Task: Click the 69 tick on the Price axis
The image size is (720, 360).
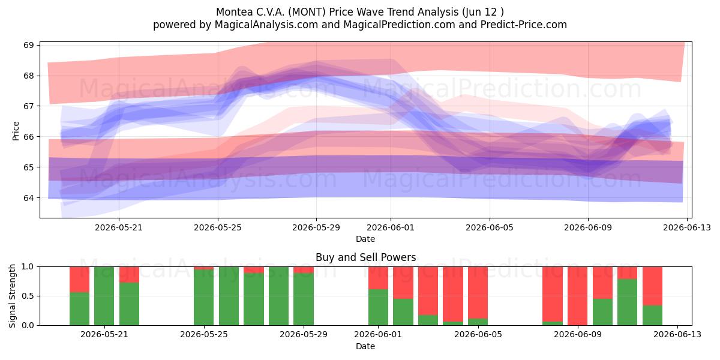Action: [28, 45]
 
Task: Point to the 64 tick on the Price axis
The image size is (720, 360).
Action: [28, 197]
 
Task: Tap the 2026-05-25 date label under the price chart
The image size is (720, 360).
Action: [218, 227]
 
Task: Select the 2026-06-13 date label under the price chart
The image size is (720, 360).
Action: [687, 227]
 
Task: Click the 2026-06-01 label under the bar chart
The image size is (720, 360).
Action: [378, 334]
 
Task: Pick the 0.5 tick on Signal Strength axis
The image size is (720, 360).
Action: [28, 296]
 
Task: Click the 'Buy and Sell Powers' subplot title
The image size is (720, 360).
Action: [366, 257]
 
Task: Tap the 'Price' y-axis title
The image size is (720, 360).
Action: [16, 131]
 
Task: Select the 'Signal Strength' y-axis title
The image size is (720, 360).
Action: [12, 296]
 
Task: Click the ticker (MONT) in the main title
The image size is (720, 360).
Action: [305, 12]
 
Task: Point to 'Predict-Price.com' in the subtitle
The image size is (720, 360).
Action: [524, 25]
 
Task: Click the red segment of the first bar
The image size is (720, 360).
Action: [79, 280]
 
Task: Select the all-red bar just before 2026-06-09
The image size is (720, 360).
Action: [577, 296]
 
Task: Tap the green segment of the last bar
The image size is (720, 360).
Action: [653, 315]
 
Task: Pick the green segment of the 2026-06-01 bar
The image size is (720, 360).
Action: [379, 307]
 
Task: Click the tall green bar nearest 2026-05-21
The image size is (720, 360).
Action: [104, 296]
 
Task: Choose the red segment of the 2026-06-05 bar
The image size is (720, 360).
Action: [478, 293]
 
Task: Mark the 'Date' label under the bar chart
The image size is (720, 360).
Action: [365, 346]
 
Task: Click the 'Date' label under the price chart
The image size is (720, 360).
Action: [365, 239]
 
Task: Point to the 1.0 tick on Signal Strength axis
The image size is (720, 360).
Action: [28, 266]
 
